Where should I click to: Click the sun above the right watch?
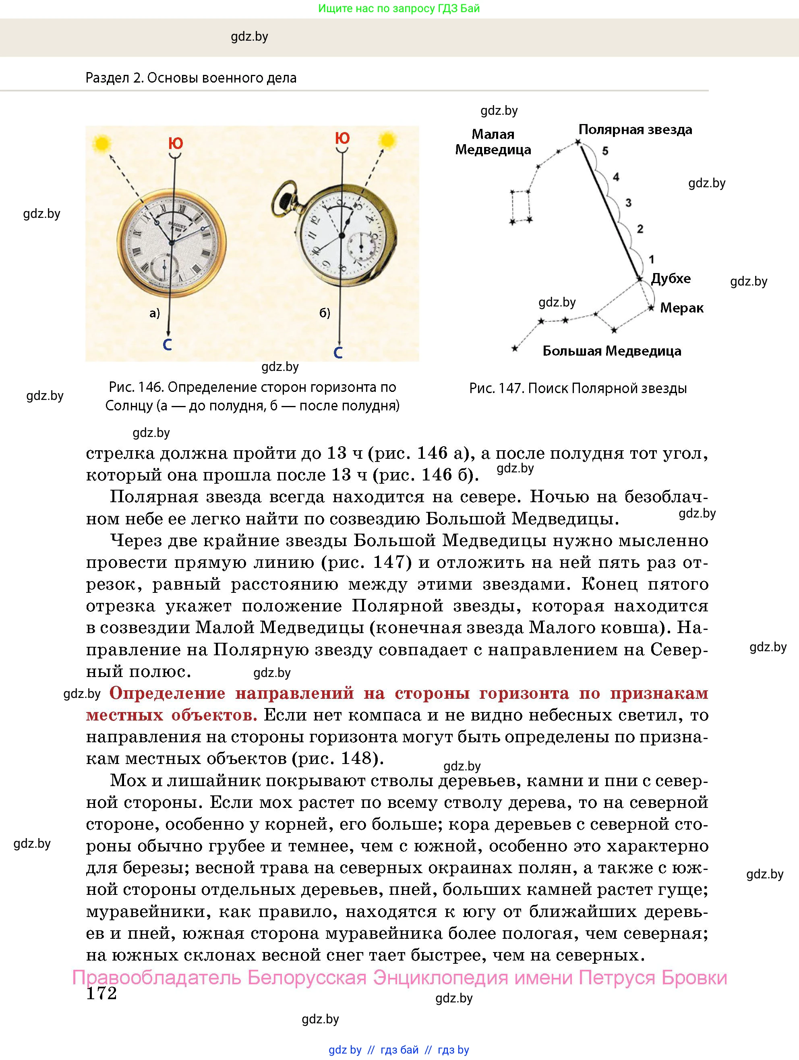point(387,141)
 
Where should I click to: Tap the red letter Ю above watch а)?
point(176,143)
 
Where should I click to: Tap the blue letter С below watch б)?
point(338,353)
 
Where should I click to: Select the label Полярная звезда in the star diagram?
point(635,129)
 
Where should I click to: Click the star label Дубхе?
point(671,278)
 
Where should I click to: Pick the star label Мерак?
point(681,308)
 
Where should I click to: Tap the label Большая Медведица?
point(612,351)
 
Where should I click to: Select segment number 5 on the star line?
point(605,151)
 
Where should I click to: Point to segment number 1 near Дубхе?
point(651,259)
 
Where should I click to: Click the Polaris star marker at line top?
point(578,142)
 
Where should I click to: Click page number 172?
point(101,994)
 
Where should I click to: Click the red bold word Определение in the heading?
point(167,693)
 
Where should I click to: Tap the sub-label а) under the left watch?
point(154,313)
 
